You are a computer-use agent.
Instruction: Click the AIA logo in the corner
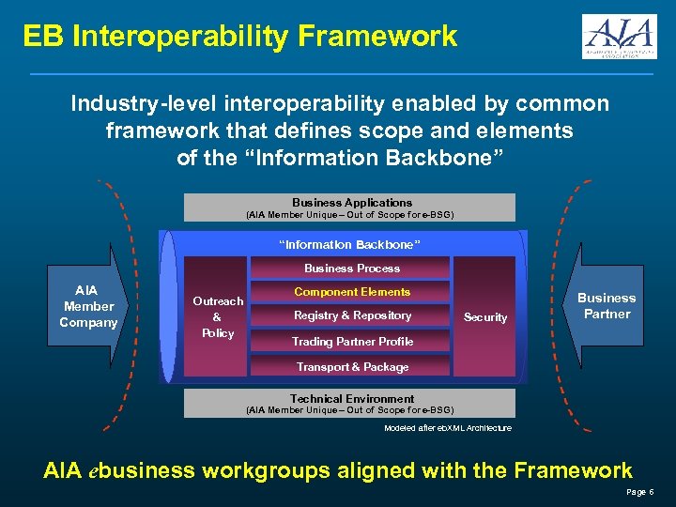click(619, 37)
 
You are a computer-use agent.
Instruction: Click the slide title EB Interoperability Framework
click(240, 37)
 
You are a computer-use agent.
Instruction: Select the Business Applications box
click(350, 207)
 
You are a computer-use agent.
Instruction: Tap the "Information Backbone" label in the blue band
click(350, 245)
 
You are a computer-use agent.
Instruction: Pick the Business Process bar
click(352, 269)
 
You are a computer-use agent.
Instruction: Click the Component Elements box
click(352, 293)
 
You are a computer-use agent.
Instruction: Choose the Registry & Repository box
click(352, 316)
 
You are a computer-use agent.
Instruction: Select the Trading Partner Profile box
click(352, 342)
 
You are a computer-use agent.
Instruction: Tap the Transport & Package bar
click(352, 367)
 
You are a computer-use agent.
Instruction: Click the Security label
click(485, 317)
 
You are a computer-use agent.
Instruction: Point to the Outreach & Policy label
click(218, 317)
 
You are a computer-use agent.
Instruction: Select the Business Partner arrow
click(606, 306)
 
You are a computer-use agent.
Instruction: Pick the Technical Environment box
click(350, 404)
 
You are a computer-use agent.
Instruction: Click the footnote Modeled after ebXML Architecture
click(448, 428)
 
